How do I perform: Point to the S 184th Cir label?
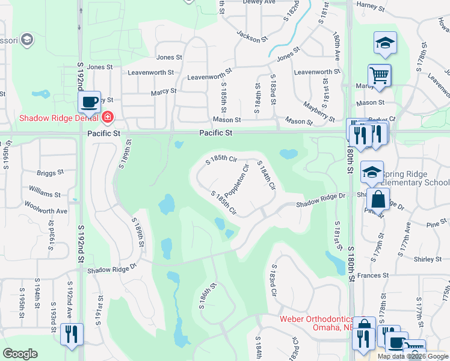click(267, 176)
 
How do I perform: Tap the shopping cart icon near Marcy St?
click(380, 76)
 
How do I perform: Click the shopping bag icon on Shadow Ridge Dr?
click(378, 199)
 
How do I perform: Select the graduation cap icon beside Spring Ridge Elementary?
click(372, 173)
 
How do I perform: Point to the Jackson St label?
click(251, 36)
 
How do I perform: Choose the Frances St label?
click(372, 275)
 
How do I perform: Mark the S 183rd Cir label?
click(274, 282)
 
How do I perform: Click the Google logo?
click(20, 354)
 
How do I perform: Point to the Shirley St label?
click(428, 259)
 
